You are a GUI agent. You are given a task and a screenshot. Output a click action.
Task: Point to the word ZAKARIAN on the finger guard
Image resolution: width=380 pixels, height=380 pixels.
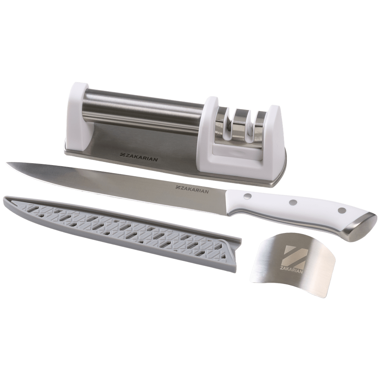[x=292, y=272]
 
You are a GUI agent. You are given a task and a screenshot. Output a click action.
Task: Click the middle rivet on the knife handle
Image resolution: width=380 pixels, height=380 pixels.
[x=293, y=201]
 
